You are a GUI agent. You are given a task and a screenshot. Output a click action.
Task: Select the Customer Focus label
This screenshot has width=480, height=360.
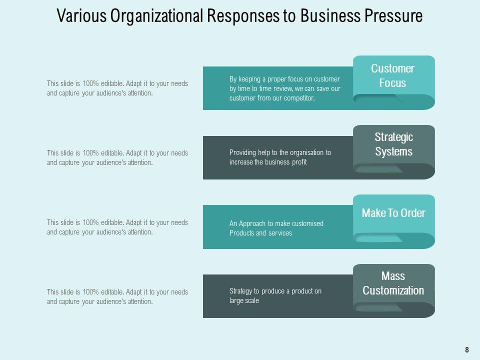pyautogui.click(x=392, y=75)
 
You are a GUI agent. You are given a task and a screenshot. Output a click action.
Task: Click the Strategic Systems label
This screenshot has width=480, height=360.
pyautogui.click(x=393, y=144)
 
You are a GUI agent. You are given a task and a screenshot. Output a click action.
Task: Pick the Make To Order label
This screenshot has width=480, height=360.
pyautogui.click(x=393, y=213)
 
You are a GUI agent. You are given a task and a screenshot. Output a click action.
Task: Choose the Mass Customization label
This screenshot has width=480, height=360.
pyautogui.click(x=393, y=283)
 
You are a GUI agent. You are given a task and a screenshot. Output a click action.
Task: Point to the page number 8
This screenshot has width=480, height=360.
pyautogui.click(x=467, y=350)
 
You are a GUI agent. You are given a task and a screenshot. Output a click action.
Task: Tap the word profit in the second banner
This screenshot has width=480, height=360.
pyautogui.click(x=297, y=162)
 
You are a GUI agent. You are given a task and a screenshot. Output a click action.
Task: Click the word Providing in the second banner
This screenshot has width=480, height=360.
pyautogui.click(x=243, y=152)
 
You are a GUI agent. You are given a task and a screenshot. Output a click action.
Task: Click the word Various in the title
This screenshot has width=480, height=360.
pyautogui.click(x=76, y=16)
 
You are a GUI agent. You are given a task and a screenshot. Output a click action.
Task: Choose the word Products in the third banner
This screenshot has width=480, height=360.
pyautogui.click(x=242, y=233)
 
